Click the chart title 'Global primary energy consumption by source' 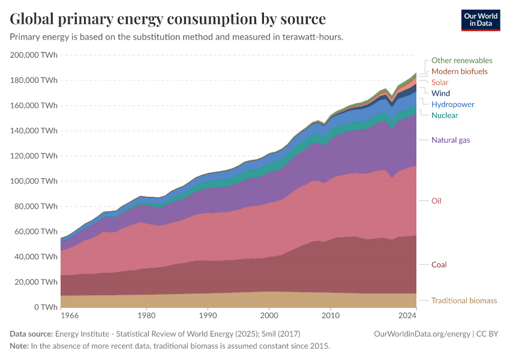[x=168, y=19]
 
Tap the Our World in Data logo [x=480, y=20]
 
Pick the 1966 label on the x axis [x=70, y=314]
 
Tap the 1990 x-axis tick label [x=208, y=314]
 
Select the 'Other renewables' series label [x=461, y=61]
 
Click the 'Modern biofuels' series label [x=459, y=71]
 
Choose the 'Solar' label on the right [x=440, y=82]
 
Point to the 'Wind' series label [x=440, y=94]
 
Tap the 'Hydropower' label [x=452, y=104]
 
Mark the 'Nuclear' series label [x=445, y=115]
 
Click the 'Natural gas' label [x=451, y=140]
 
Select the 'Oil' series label [x=436, y=201]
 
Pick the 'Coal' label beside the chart [x=439, y=265]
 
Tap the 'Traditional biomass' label [x=464, y=301]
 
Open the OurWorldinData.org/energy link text [x=421, y=334]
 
